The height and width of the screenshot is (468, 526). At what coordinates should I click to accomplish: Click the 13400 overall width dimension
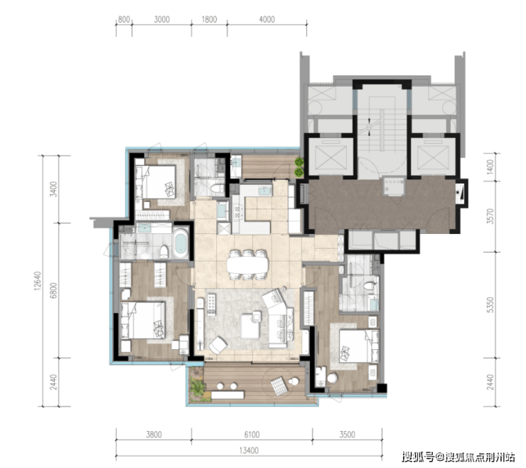249,450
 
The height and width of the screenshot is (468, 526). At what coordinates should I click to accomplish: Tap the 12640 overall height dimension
38,281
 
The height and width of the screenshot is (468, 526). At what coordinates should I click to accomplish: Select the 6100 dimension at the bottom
252,435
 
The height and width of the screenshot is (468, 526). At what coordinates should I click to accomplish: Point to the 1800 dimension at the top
209,19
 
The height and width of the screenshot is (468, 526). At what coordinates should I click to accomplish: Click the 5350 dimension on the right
490,304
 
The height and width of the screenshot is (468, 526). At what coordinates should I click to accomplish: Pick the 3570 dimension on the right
490,216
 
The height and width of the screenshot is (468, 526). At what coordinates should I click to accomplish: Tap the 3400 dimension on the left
54,189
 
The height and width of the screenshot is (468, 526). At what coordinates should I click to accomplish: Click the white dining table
247,264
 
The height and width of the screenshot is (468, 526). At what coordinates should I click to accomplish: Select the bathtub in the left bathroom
181,243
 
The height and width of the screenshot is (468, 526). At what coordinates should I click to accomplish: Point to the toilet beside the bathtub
164,252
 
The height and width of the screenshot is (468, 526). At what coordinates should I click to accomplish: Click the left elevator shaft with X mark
331,156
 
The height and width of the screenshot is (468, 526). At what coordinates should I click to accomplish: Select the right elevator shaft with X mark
433,156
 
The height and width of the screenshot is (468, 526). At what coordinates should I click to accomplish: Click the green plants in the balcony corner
198,385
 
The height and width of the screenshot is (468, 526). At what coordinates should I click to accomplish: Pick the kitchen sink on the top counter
265,191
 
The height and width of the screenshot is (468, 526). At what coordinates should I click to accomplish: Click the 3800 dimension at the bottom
154,435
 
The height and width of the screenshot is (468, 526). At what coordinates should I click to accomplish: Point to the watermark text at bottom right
458,457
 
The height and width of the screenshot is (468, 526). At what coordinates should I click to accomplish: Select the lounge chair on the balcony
279,385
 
